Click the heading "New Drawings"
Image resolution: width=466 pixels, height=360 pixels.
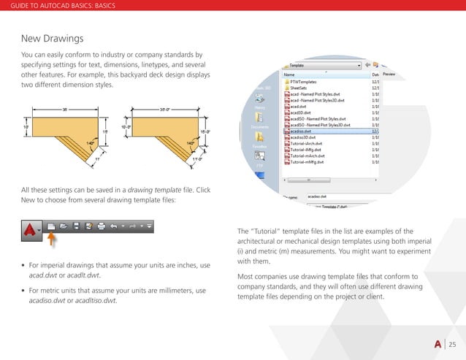click(53, 37)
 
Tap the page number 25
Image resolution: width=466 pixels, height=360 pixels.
click(451, 345)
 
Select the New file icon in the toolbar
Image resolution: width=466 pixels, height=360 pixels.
click(51, 226)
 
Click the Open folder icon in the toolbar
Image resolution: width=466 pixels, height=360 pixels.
click(64, 226)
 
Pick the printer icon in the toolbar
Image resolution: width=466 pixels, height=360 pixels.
click(102, 226)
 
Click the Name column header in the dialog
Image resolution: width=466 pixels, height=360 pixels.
click(290, 74)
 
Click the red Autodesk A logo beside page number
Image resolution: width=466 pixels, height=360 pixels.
click(436, 345)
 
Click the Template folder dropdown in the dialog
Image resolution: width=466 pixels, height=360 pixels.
click(325, 65)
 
